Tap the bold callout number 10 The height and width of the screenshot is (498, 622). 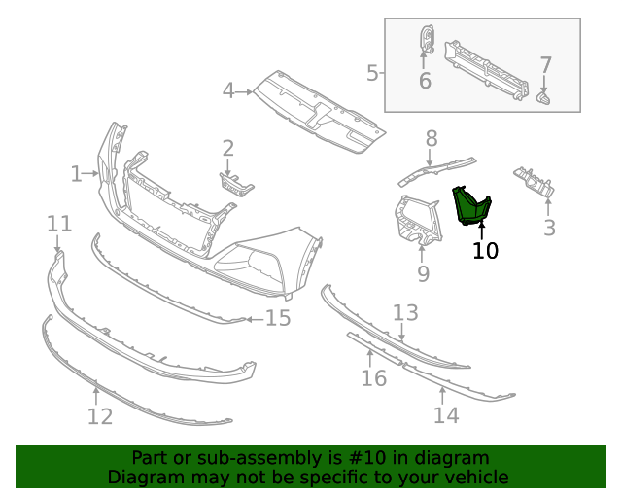pyautogui.click(x=485, y=251)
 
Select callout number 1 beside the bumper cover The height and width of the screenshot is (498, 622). pyautogui.click(x=77, y=174)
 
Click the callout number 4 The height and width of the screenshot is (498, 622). pyautogui.click(x=229, y=91)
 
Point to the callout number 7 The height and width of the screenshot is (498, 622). pyautogui.click(x=545, y=65)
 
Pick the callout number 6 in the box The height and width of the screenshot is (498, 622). pyautogui.click(x=425, y=81)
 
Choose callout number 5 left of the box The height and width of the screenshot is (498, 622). pyautogui.click(x=373, y=72)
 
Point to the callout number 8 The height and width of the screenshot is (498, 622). pyautogui.click(x=432, y=139)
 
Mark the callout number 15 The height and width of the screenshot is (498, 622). pyautogui.click(x=278, y=318)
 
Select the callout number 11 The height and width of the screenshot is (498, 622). pyautogui.click(x=59, y=225)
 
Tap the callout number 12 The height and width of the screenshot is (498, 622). pyautogui.click(x=100, y=417)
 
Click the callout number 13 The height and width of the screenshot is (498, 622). pyautogui.click(x=405, y=312)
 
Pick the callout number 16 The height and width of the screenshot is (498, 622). pyautogui.click(x=374, y=377)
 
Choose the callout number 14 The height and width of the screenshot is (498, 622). pyautogui.click(x=445, y=415)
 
